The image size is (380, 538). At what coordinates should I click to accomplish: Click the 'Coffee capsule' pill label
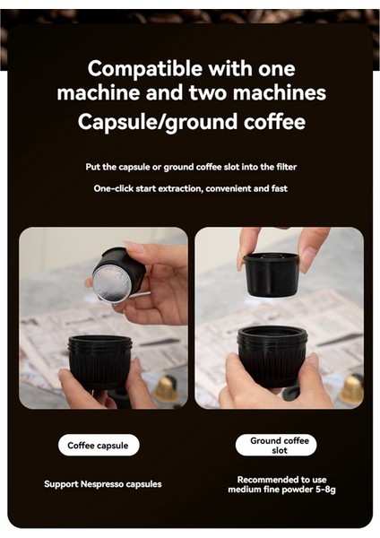[x=99, y=445]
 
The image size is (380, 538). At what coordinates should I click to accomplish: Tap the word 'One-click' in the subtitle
[x=114, y=188]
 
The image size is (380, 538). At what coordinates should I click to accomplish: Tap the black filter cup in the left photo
[x=100, y=359]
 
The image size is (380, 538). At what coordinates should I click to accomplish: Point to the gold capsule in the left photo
[x=167, y=388]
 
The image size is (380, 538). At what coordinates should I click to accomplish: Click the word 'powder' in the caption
[x=290, y=490]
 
